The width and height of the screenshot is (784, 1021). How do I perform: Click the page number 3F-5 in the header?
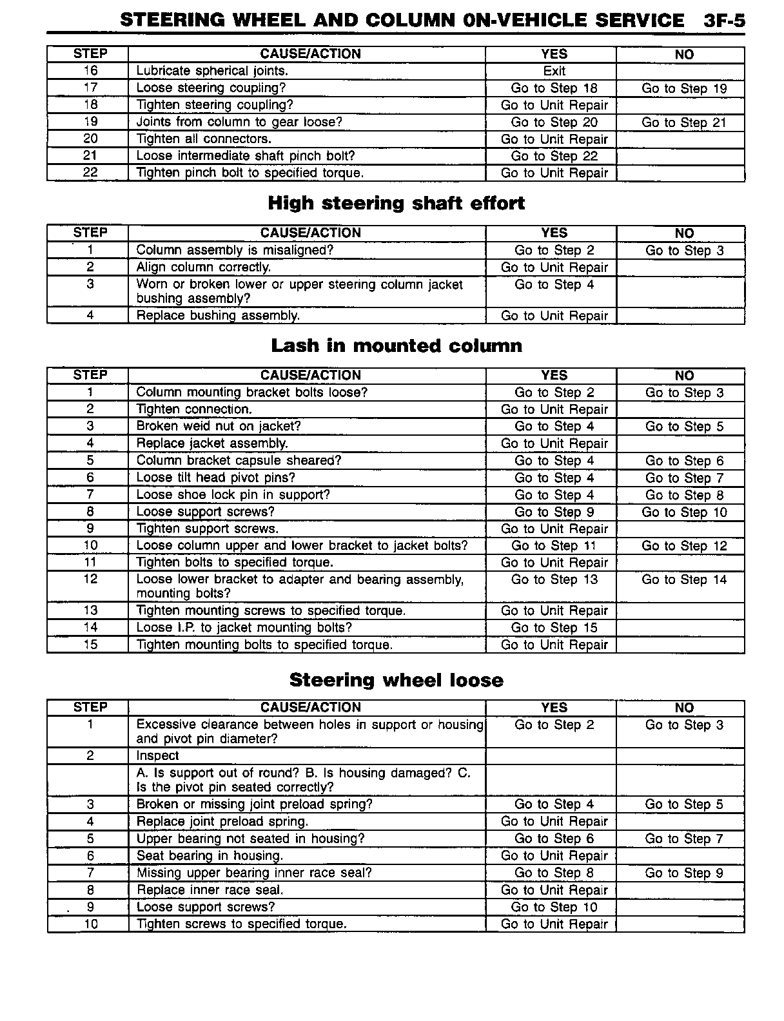click(x=724, y=21)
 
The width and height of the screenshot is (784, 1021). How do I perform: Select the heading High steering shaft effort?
click(x=396, y=204)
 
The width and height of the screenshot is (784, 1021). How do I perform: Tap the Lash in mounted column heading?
click(x=396, y=346)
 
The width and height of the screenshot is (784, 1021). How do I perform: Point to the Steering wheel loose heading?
click(x=396, y=681)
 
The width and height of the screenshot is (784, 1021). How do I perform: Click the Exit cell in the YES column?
click(x=554, y=71)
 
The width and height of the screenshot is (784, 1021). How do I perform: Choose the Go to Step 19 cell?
click(x=684, y=88)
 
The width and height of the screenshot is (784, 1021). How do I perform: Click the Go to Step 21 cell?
click(x=684, y=122)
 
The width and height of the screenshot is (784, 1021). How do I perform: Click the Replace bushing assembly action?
click(x=218, y=316)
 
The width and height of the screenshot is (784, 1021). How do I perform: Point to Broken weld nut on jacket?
click(x=219, y=427)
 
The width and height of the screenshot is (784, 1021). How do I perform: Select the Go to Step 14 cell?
click(x=684, y=580)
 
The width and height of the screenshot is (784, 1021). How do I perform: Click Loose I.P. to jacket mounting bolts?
click(x=244, y=628)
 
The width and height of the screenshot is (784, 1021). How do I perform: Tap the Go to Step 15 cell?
click(x=554, y=628)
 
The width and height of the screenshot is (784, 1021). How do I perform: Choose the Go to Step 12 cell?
click(x=684, y=546)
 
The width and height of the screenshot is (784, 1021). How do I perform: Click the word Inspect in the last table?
click(x=158, y=756)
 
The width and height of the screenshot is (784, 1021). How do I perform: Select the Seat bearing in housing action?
click(x=210, y=856)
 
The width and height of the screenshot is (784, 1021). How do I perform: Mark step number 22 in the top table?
click(x=90, y=173)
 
